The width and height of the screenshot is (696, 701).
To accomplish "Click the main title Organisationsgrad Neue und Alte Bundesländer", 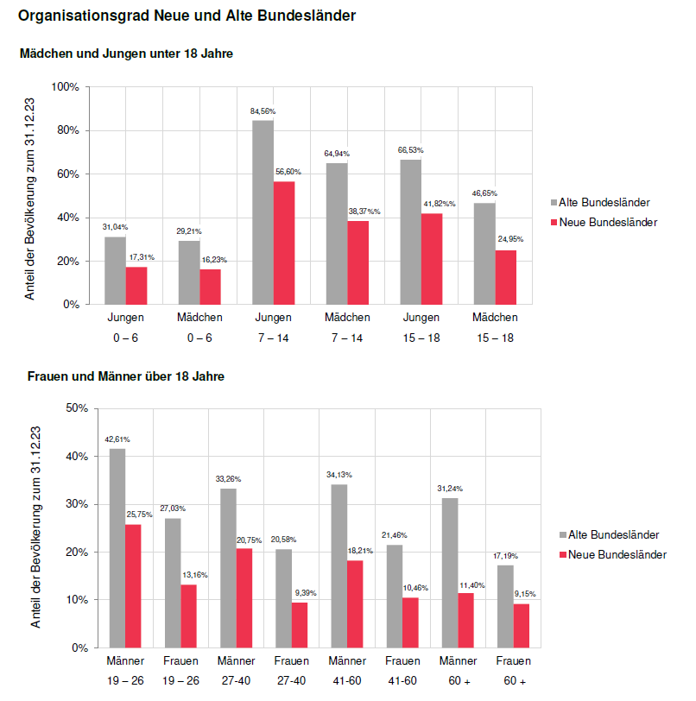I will (x=187, y=16).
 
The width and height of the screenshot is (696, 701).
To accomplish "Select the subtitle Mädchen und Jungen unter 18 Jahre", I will (x=126, y=54).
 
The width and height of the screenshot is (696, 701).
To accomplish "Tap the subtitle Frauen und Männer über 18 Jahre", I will (x=126, y=376).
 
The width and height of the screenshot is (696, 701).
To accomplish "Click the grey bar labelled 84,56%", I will (x=263, y=212).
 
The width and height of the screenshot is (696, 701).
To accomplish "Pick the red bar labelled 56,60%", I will (x=284, y=243).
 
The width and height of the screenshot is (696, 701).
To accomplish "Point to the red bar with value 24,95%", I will (x=506, y=277).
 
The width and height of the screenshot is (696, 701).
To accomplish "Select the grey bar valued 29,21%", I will (x=189, y=272).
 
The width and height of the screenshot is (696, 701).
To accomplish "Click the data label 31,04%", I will (x=115, y=226).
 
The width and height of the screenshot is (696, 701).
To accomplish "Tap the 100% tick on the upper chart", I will (x=66, y=87).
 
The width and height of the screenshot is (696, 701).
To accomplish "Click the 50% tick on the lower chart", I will (x=76, y=408).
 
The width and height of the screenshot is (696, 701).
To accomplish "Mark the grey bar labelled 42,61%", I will (x=117, y=547).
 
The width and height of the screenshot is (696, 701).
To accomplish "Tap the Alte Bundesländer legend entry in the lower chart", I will (x=607, y=534).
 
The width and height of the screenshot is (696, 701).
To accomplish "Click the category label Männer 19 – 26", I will (x=124, y=670).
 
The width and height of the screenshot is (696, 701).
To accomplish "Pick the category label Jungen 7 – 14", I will (x=273, y=327).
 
